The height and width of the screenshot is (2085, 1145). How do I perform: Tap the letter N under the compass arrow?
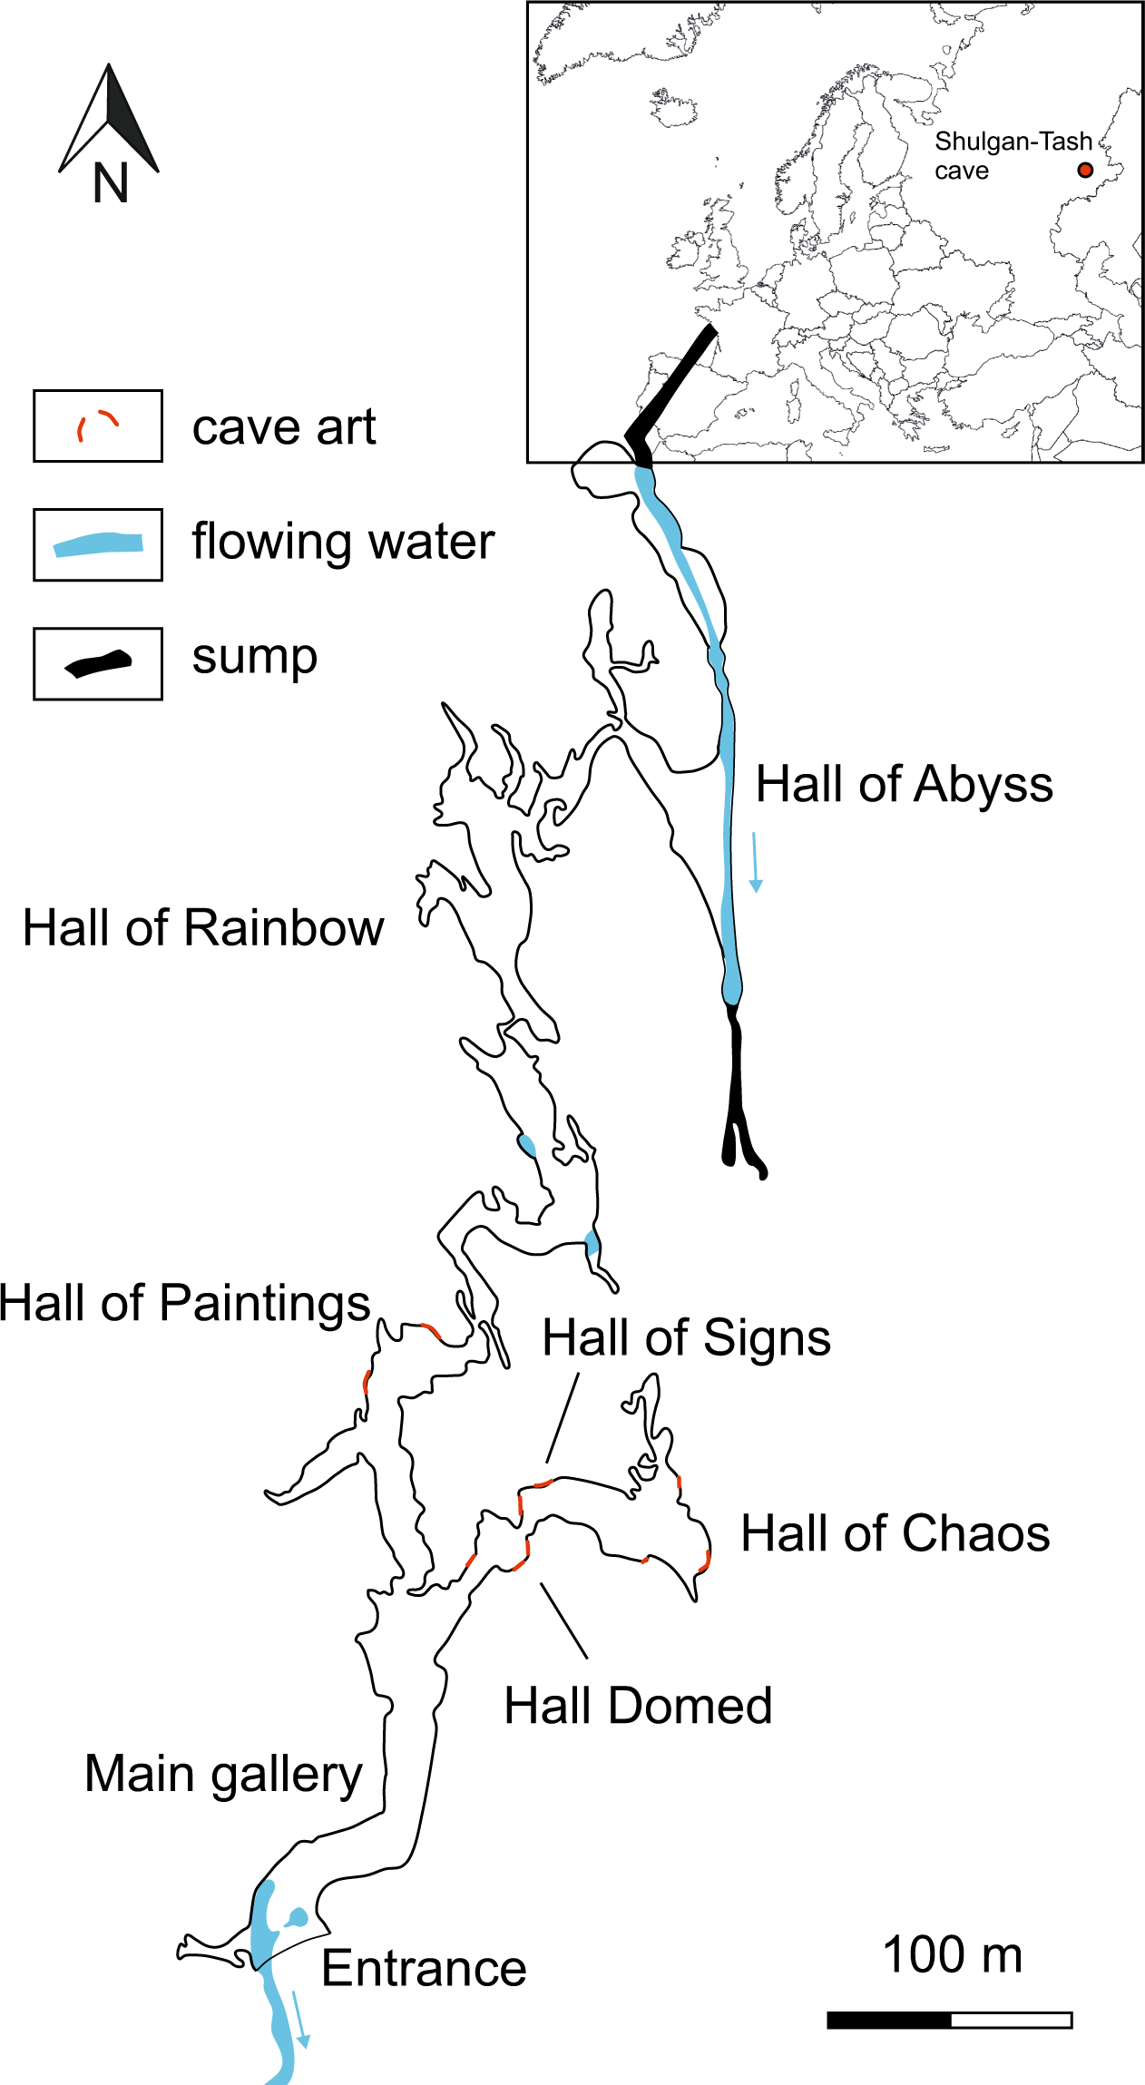click(x=111, y=183)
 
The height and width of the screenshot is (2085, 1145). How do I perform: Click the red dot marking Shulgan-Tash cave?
click(x=1084, y=170)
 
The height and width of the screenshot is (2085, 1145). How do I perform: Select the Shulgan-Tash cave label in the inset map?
click(x=1013, y=155)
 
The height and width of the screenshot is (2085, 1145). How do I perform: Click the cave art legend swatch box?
click(x=98, y=426)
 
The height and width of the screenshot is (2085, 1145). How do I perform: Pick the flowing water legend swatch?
click(x=98, y=544)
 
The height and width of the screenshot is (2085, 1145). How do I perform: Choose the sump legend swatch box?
click(x=98, y=663)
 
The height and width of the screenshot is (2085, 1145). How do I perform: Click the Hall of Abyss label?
click(x=904, y=784)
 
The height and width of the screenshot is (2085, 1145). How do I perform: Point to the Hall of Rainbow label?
click(x=203, y=928)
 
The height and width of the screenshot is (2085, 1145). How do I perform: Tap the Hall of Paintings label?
click(x=184, y=1303)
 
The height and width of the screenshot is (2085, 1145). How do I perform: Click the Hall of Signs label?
click(x=686, y=1338)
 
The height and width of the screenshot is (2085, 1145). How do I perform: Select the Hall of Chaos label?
click(x=895, y=1534)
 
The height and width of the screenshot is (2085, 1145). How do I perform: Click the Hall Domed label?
click(x=638, y=1706)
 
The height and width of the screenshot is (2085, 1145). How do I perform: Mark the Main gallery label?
click(x=223, y=1775)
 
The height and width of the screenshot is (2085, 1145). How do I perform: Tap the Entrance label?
click(x=424, y=1969)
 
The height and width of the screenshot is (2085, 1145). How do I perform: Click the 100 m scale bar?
click(x=949, y=2020)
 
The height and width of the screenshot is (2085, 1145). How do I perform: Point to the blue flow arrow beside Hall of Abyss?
click(x=755, y=862)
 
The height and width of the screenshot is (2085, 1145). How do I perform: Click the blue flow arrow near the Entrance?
click(x=300, y=2019)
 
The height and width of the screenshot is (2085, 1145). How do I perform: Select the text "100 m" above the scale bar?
click(x=952, y=1955)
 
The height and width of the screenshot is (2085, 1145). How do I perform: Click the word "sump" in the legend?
click(x=255, y=657)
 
